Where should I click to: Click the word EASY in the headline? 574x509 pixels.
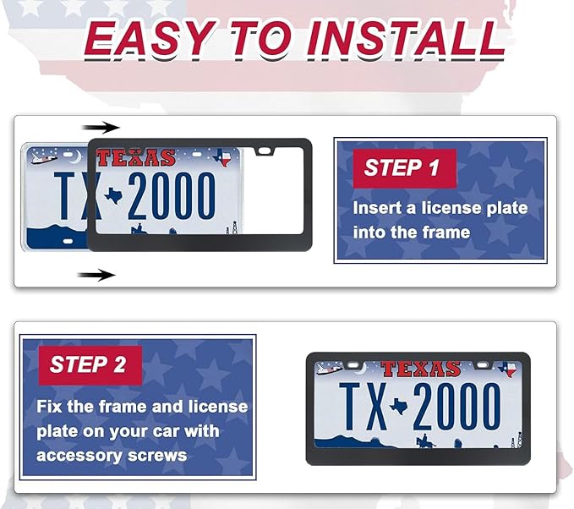click(149, 38)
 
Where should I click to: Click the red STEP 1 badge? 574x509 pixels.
click(405, 168)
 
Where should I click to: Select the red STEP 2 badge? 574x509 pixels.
click(90, 365)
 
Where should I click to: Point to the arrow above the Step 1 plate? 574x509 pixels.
click(101, 128)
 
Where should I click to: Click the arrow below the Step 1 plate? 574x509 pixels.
click(96, 275)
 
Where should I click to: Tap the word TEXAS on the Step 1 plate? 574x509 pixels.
click(136, 158)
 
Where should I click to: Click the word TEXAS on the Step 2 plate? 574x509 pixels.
click(420, 369)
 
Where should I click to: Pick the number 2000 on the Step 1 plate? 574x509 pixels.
click(172, 196)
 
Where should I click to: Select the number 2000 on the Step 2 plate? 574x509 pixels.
click(456, 407)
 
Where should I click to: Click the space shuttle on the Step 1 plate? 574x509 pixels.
click(44, 158)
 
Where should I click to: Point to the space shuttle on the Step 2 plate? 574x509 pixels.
click(329, 369)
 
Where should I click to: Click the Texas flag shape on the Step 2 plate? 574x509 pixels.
click(507, 369)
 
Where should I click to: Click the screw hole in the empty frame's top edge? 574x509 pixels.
click(264, 151)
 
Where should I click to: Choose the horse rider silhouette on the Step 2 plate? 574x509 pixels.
click(425, 441)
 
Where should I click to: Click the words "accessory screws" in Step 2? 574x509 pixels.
click(112, 456)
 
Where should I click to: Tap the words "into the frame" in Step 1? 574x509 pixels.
click(412, 233)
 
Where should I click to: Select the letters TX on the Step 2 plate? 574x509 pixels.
click(364, 407)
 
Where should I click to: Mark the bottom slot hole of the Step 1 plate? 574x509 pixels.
click(68, 241)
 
